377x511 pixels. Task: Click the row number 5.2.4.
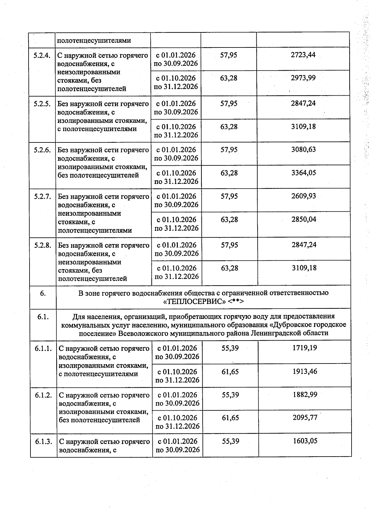42,55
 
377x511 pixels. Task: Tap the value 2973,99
303,78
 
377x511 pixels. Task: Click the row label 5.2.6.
42,150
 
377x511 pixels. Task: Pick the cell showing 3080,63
303,149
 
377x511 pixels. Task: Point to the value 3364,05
303,173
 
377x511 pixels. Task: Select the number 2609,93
304,196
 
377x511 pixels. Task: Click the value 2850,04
304,219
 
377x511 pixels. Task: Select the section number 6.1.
42,317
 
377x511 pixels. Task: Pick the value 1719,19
305,348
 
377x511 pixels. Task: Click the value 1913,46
305,371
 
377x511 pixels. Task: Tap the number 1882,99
305,394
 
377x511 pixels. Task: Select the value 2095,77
305,418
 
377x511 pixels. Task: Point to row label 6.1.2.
43,395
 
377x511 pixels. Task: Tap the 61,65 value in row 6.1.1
230,372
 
